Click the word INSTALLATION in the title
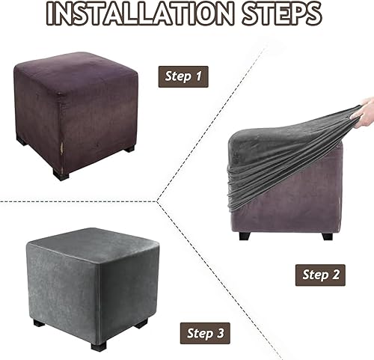coord(141,13)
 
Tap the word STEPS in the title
coord(282,13)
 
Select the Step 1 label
coord(183,76)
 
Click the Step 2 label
coord(320,275)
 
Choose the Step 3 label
coord(205,333)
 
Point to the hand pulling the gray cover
coord(364,112)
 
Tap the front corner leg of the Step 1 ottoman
coord(61,174)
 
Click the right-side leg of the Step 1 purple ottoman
coord(129,149)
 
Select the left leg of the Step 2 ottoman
coord(246,236)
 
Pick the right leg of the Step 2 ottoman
coord(327,236)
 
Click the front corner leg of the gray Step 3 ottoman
coord(99,346)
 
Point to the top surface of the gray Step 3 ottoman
coord(93,245)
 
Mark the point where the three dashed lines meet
coord(157,201)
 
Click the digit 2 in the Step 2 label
coord(334,275)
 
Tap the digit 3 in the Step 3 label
coord(220,333)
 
